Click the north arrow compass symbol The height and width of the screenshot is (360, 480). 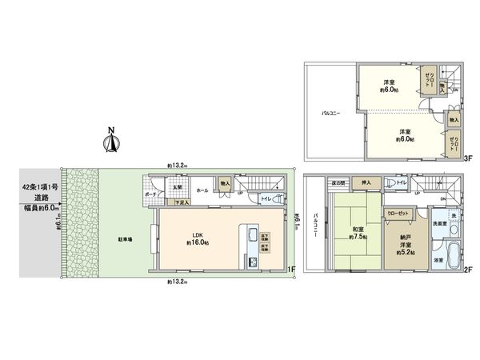pyautogui.click(x=112, y=141)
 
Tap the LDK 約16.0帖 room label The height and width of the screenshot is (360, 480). pyautogui.click(x=197, y=238)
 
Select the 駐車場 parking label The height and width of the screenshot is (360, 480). pyautogui.click(x=126, y=239)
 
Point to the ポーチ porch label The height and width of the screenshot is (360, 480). pyautogui.click(x=151, y=195)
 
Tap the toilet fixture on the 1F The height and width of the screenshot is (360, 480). pyautogui.click(x=278, y=199)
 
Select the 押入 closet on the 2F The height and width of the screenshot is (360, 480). pyautogui.click(x=366, y=182)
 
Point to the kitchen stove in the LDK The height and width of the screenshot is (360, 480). pyautogui.click(x=253, y=262)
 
